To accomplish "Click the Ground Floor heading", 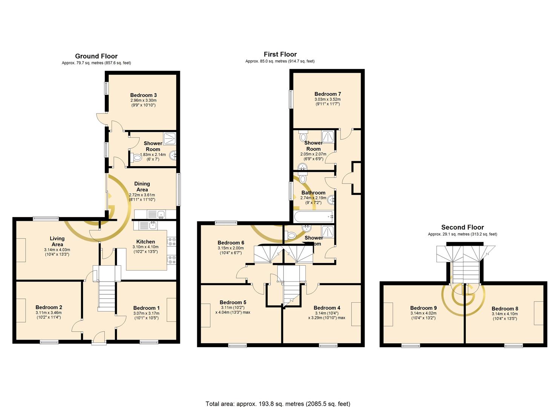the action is tap(96, 56).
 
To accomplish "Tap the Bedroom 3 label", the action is tap(144, 95).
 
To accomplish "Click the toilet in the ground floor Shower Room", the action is tap(136, 158).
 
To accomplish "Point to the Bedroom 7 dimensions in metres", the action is tap(327, 99).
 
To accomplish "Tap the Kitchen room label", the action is tap(146, 242).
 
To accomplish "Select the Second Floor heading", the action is tap(462, 227).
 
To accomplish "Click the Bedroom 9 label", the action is tap(423, 308).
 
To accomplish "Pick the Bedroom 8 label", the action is tap(505, 309).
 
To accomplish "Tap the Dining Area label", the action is tap(142, 187).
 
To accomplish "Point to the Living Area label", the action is tap(57, 241).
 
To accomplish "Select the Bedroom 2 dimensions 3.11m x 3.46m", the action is tap(49, 312).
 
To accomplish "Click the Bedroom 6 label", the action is tap(231, 243).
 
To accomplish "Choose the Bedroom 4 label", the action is tap(327, 308).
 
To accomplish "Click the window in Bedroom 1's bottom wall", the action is tap(149, 342).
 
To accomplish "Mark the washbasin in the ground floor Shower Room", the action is tap(173, 155).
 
